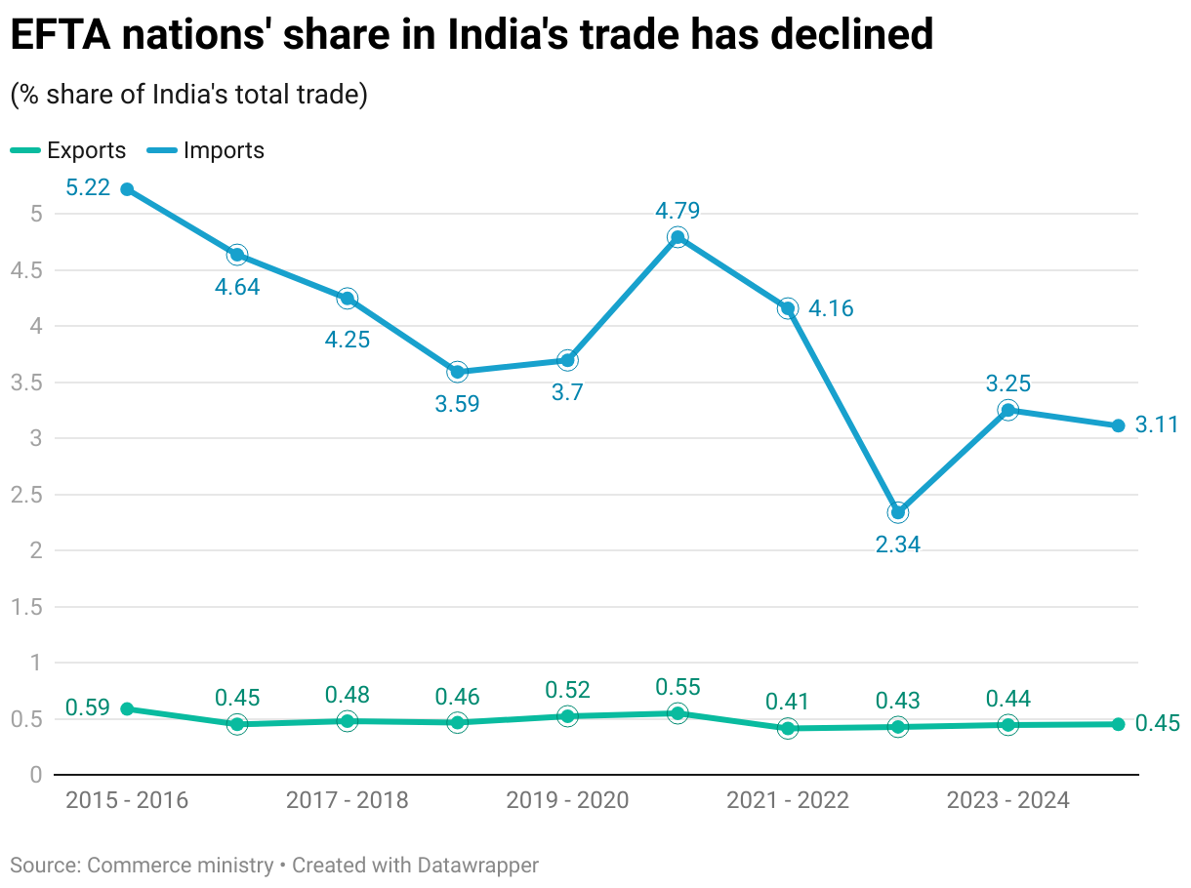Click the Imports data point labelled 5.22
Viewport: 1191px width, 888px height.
pyautogui.click(x=127, y=189)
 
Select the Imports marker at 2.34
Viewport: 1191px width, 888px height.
pyautogui.click(x=898, y=512)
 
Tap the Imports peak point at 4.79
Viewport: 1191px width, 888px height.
pyautogui.click(x=678, y=237)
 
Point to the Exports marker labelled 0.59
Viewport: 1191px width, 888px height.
pyautogui.click(x=127, y=708)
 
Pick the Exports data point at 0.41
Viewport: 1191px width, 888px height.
pyautogui.click(x=788, y=728)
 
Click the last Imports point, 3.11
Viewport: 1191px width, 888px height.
pyautogui.click(x=1119, y=425)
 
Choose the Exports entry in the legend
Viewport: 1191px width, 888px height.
pyautogui.click(x=68, y=150)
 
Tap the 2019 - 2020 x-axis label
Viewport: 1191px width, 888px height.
pyautogui.click(x=567, y=801)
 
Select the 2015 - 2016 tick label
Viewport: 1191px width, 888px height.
pyautogui.click(x=127, y=801)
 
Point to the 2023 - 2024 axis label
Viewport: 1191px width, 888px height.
pyautogui.click(x=1008, y=801)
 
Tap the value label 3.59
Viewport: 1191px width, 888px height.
pyautogui.click(x=457, y=403)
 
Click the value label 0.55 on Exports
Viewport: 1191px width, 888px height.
pyautogui.click(x=678, y=687)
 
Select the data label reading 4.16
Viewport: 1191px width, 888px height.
pyautogui.click(x=831, y=309)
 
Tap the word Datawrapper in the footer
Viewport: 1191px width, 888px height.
pyautogui.click(x=477, y=865)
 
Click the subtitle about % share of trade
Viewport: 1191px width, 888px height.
pyautogui.click(x=188, y=95)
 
